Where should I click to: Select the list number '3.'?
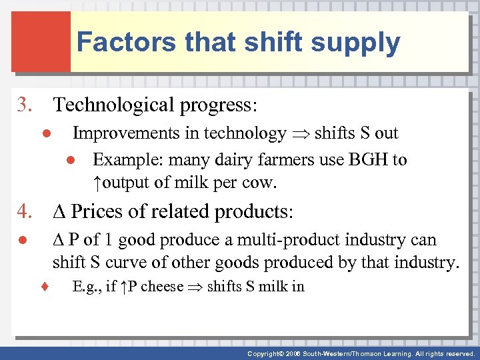27,105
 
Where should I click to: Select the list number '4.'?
27,212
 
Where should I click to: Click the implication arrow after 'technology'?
300,134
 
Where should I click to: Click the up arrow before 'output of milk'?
97,183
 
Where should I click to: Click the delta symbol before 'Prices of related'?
59,212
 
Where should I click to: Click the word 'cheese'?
162,287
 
